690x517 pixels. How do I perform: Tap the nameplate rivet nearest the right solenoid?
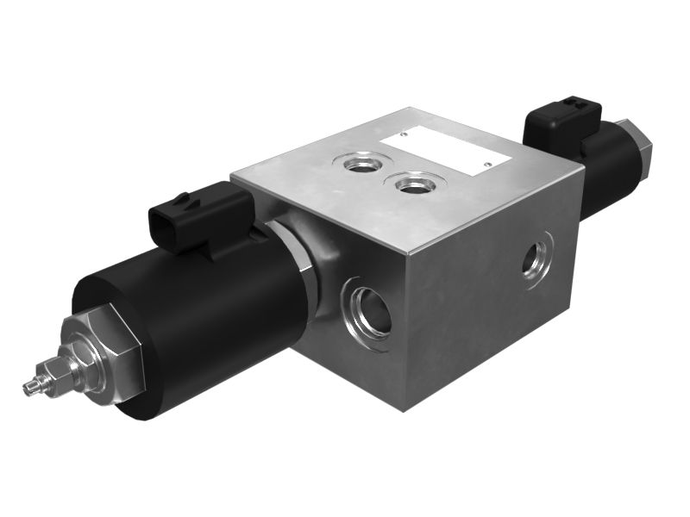tap(487, 163)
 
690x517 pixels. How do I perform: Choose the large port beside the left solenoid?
tap(369, 310)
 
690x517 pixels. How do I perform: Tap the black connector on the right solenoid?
tap(561, 125)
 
